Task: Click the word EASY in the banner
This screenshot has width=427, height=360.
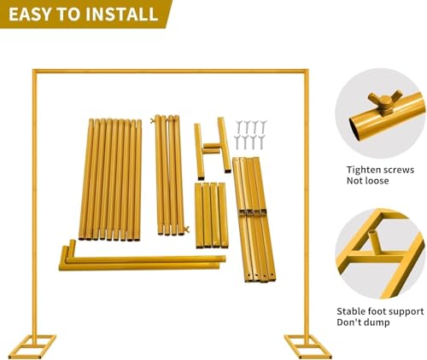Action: pos(31,15)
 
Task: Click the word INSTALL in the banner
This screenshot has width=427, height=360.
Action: pos(122,15)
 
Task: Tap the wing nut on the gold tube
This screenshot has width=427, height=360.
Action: pos(385,102)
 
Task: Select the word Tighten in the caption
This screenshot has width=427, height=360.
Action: pos(362,170)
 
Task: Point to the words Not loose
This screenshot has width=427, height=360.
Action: pos(367,181)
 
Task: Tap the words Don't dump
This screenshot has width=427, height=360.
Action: pos(363,322)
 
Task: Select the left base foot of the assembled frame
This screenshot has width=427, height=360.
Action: pos(32,346)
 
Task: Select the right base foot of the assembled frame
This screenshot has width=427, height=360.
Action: pos(307,346)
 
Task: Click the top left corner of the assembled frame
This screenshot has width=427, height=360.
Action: pos(34,70)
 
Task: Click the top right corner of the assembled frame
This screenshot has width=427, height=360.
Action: pos(307,70)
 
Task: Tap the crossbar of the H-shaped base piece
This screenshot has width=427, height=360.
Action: pos(211,148)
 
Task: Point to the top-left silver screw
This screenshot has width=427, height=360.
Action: pos(239,125)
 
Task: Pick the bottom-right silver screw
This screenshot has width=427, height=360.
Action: pos(261,142)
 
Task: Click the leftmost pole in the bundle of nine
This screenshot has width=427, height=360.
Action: pos(86,179)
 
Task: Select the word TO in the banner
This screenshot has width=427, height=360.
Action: pos(69,15)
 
